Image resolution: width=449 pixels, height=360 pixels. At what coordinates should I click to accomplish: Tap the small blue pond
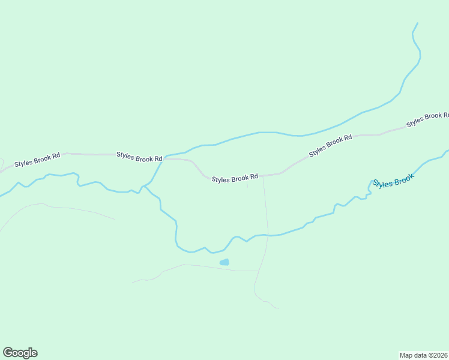coord(224,262)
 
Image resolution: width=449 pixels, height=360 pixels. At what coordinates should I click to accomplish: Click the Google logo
coord(20,353)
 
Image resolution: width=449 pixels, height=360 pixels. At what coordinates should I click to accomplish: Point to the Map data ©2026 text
coord(423,355)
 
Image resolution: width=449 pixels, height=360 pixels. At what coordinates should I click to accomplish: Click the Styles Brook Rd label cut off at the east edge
coord(427,119)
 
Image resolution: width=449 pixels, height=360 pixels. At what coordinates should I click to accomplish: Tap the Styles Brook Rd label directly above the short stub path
coord(235,178)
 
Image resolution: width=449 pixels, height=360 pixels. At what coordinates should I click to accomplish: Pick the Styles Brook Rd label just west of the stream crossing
coord(139,157)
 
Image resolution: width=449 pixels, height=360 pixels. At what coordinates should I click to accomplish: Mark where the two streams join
coord(144,185)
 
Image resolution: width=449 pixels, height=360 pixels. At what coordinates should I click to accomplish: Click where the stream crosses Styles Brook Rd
coord(163,159)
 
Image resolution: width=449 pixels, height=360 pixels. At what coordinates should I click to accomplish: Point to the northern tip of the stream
coord(417,23)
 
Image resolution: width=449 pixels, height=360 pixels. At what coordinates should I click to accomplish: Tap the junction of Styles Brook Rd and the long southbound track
coord(262,176)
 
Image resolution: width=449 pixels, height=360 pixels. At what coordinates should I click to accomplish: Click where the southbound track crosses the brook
coord(267,235)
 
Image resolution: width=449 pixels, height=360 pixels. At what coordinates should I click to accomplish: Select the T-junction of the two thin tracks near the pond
coord(259,271)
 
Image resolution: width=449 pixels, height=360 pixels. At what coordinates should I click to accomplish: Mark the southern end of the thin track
coord(278,308)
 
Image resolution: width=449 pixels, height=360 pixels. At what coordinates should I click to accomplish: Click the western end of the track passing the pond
coord(133,281)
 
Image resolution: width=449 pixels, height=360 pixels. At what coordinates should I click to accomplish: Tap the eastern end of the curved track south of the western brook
coord(115,219)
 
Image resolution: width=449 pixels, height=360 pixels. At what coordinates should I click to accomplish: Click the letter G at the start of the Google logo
coord(8,353)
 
